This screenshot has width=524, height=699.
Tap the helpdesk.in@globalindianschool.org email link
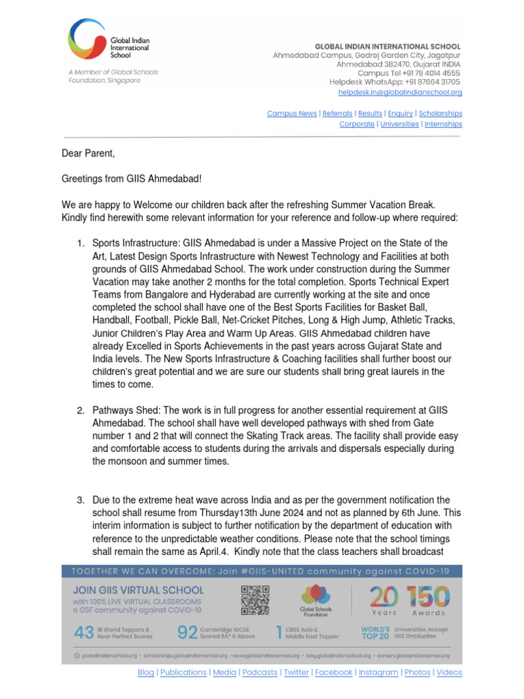[400, 92]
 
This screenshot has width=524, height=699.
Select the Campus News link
[291, 113]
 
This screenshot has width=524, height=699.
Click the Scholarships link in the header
[440, 113]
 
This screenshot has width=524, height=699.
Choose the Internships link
[443, 124]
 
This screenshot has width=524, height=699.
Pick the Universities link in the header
[399, 124]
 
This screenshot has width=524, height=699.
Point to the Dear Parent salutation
[89, 154]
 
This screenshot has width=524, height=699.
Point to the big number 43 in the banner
[83, 633]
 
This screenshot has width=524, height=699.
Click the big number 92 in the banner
[187, 633]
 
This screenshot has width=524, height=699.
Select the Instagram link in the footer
[378, 672]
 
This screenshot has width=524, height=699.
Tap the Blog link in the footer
[145, 672]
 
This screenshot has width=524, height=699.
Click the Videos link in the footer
[449, 672]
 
